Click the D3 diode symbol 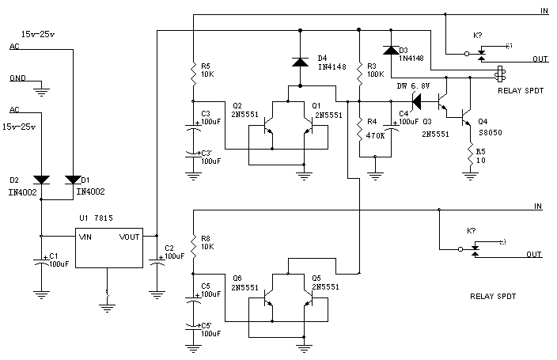click(390, 50)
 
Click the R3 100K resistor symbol click(361, 73)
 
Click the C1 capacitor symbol click(40, 263)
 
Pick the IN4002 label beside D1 click(90, 191)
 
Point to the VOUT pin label click(129, 236)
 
